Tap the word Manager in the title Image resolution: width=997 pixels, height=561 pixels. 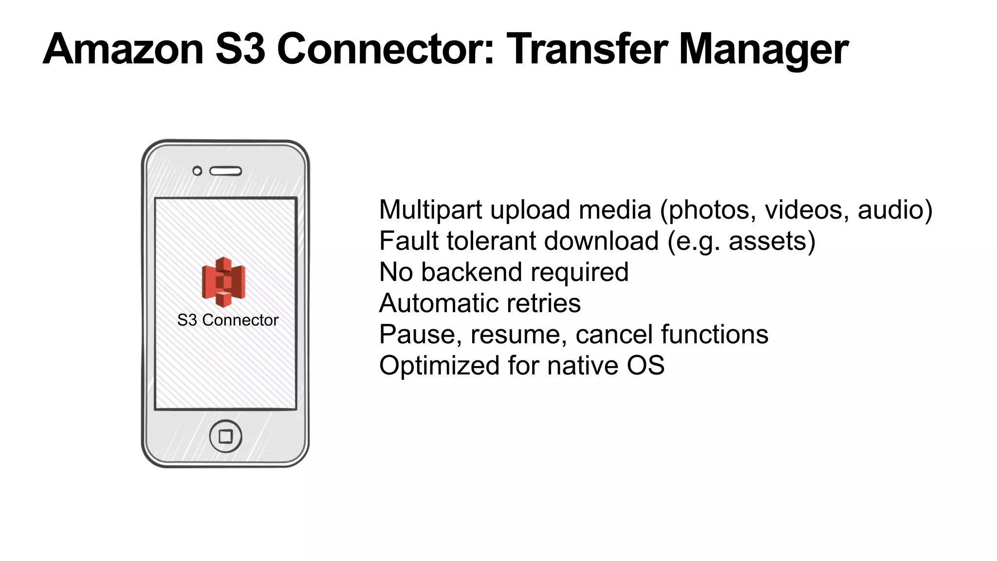763,50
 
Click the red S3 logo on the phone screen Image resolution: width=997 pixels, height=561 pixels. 223,282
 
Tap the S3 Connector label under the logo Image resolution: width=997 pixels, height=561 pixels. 228,320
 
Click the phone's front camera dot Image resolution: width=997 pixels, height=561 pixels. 197,171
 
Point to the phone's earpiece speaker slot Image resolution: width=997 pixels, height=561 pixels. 226,171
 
